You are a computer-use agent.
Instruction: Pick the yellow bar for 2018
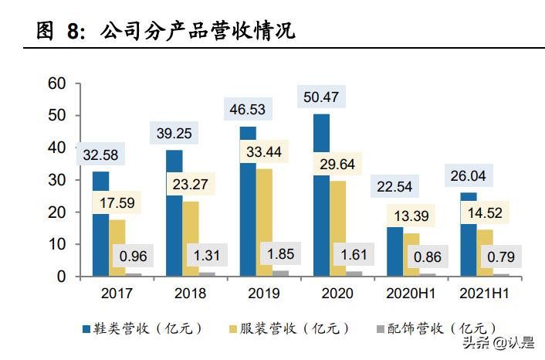point(191,239)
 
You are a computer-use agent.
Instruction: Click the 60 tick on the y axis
point(57,83)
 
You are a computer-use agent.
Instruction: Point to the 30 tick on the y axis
point(57,180)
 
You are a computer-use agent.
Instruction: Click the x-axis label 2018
point(191,294)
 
